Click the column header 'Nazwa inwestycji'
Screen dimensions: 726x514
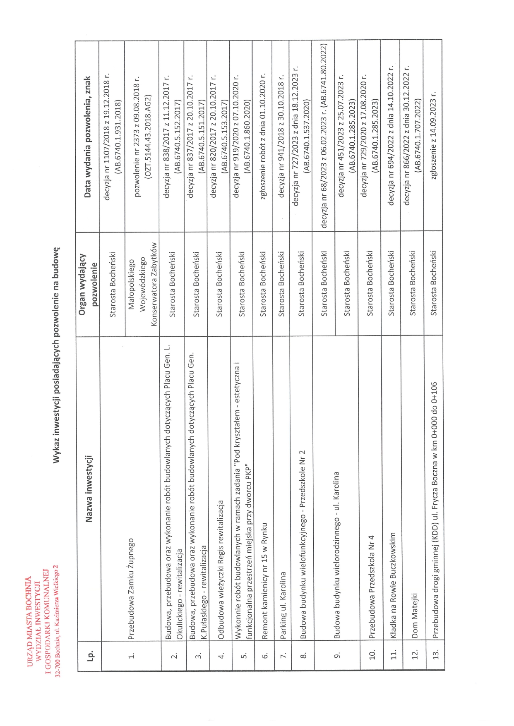click(x=88, y=488)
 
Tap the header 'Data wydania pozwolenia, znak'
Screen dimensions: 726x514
click(x=87, y=137)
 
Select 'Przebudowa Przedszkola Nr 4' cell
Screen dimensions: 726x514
click(x=371, y=587)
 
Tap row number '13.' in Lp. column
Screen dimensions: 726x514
click(x=436, y=654)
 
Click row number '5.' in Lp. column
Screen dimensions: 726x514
click(x=244, y=654)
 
